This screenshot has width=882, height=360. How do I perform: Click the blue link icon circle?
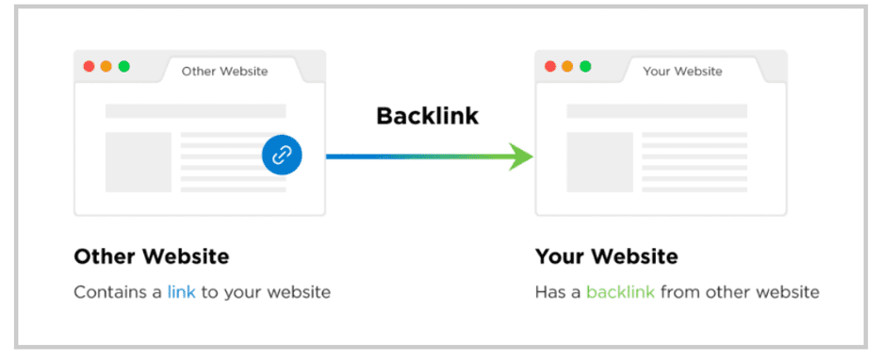click(x=282, y=155)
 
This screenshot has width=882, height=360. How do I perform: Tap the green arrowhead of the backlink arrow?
click(x=520, y=156)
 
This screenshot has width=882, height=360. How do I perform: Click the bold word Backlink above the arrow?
click(x=427, y=116)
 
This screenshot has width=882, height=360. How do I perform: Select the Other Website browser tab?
click(x=224, y=71)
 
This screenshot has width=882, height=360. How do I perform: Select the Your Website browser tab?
click(x=682, y=71)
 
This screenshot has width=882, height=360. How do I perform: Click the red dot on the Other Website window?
click(x=89, y=67)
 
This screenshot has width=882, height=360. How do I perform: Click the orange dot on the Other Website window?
click(x=106, y=67)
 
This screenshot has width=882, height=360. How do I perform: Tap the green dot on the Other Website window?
click(x=123, y=67)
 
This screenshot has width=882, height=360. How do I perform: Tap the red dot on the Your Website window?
click(x=549, y=67)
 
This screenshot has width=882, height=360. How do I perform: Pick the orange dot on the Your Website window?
click(x=567, y=67)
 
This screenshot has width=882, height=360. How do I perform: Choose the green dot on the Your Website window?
click(x=585, y=67)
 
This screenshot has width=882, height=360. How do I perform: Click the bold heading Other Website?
click(x=151, y=256)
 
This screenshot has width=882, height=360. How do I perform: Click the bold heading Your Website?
click(x=606, y=256)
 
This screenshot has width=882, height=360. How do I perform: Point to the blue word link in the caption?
click(x=181, y=292)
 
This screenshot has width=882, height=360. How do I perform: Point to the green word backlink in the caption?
click(x=620, y=292)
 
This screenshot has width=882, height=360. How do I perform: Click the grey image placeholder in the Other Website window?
click(x=139, y=162)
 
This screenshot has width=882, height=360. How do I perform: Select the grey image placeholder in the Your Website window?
click(x=599, y=162)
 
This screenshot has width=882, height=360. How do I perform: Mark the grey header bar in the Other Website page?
click(x=195, y=111)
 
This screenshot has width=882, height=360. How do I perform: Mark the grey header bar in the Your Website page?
click(x=656, y=111)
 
